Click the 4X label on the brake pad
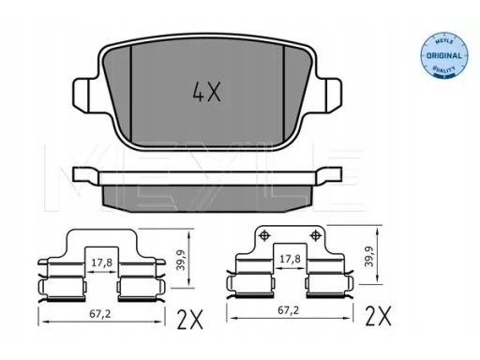[207, 92]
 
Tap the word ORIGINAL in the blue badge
[443, 56]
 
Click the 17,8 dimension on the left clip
[102, 262]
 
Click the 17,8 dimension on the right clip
[290, 259]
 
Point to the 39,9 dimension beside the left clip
[181, 260]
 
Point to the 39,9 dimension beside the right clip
[369, 256]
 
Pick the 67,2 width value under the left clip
[100, 314]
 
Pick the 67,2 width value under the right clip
[289, 310]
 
